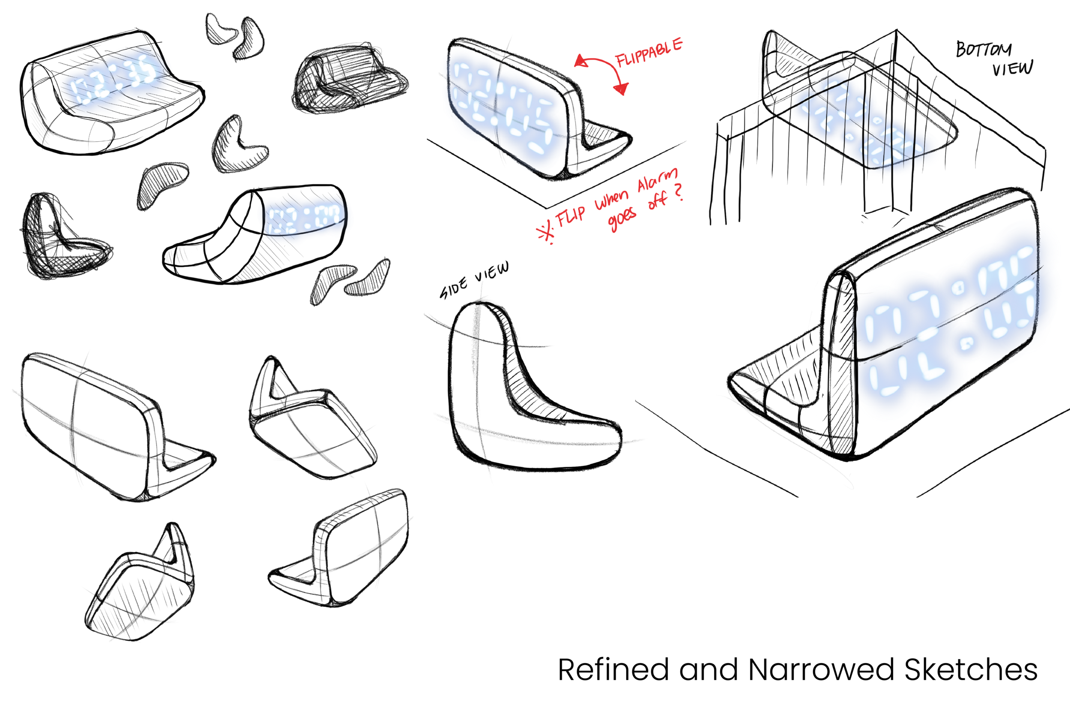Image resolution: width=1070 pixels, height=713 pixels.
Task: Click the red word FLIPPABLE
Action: coord(649,53)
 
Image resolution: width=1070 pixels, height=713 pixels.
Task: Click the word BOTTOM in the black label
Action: coord(984,49)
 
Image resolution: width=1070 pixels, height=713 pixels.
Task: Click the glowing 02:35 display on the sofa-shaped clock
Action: coord(113,82)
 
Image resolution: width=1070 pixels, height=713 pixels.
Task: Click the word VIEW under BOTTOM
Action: coord(1012,69)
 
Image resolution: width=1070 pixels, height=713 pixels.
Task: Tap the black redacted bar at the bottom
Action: coord(813,671)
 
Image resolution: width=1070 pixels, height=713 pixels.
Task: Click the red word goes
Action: coord(622,219)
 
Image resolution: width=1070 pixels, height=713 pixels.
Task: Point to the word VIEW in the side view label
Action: coord(492,272)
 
